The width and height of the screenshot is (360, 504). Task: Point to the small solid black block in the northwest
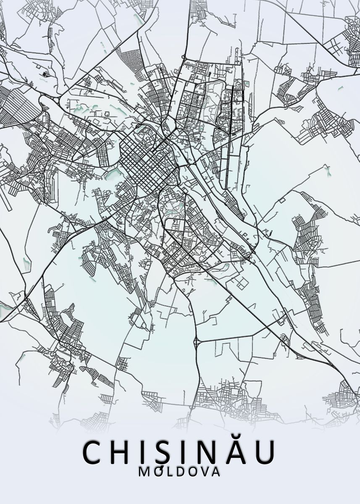[45, 75]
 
